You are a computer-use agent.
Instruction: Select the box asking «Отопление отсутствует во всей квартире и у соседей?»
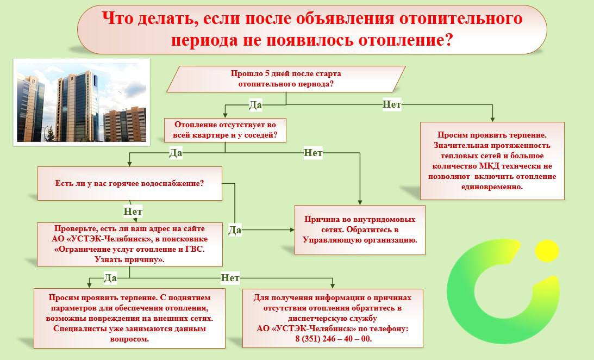(225, 130)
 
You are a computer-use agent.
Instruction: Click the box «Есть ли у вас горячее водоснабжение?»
(129, 183)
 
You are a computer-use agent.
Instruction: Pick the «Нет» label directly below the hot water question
(133, 212)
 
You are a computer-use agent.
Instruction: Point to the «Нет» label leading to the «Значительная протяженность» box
(391, 104)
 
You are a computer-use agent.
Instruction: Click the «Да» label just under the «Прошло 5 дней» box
(255, 104)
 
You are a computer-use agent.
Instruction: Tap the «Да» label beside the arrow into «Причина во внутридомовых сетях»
(235, 229)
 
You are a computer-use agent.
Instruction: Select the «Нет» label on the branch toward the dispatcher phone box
(230, 278)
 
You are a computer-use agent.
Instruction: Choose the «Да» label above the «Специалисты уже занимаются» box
(110, 278)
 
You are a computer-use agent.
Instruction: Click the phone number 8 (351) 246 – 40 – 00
(333, 339)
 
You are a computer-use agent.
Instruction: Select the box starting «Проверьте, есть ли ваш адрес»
(129, 244)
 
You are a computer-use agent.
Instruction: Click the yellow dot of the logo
(547, 251)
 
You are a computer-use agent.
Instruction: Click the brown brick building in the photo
(125, 125)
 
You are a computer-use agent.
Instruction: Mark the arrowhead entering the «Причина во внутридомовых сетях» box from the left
(292, 229)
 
